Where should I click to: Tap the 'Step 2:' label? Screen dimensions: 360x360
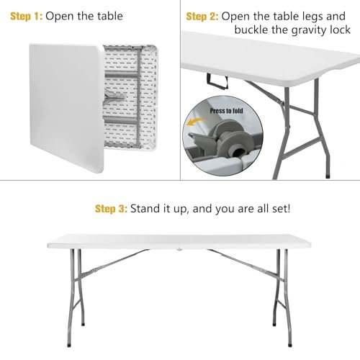pyautogui.click(x=203, y=16)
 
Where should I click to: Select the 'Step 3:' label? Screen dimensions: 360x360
pyautogui.click(x=112, y=209)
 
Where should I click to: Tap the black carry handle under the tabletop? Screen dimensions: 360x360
pyautogui.click(x=213, y=78)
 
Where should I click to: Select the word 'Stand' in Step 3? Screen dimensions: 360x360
pyautogui.click(x=150, y=209)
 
